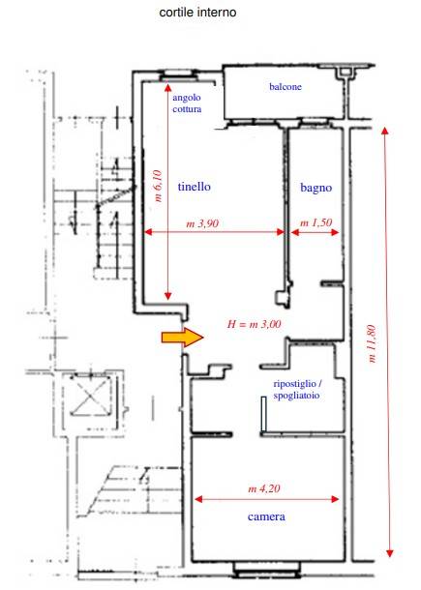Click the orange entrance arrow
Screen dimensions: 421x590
click(183, 337)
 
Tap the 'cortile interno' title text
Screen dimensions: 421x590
click(197, 12)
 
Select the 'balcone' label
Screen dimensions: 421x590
click(286, 86)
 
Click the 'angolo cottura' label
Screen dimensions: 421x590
click(187, 103)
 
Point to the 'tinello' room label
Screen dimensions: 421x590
click(194, 187)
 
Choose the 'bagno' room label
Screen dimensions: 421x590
click(316, 188)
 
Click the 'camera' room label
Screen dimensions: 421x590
click(266, 516)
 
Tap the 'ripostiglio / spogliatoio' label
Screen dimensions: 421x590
click(297, 390)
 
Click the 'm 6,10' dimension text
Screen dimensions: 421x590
click(158, 186)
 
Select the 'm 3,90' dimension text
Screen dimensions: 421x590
click(202, 223)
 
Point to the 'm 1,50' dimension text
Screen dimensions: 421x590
click(316, 222)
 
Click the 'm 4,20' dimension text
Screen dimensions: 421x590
click(264, 488)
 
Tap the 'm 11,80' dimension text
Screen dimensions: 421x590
click(372, 343)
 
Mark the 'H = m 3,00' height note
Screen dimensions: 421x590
click(255, 324)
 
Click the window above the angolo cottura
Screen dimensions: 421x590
click(178, 75)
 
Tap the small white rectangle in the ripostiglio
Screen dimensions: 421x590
click(263, 414)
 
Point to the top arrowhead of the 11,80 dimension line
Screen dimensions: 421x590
click(384, 131)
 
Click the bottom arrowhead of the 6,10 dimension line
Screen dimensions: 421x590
click(168, 296)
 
